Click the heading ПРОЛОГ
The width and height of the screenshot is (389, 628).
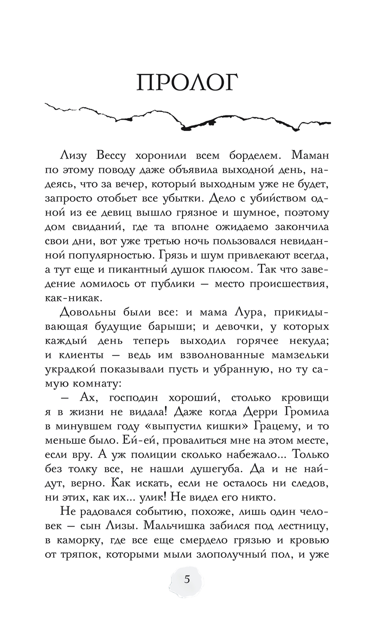[x=187, y=82]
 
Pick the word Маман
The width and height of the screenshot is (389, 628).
[x=310, y=155]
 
